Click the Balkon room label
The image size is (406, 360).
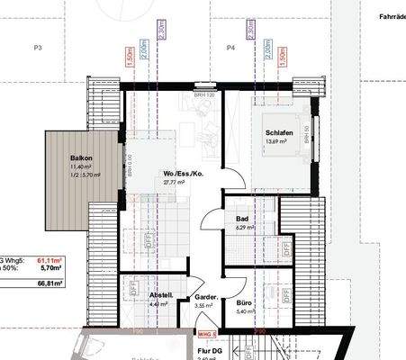[82, 158]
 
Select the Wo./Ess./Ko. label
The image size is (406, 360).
[177, 174]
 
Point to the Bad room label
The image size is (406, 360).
[242, 219]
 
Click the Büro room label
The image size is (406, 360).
[243, 303]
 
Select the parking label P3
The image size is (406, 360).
[39, 47]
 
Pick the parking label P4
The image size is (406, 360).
[230, 47]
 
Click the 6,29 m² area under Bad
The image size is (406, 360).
[242, 228]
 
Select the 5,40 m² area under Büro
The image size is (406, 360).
[243, 311]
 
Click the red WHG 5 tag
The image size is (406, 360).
[208, 333]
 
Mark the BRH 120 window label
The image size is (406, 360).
[205, 94]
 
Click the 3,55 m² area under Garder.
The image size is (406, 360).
[205, 306]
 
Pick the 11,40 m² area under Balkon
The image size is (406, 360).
[81, 167]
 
